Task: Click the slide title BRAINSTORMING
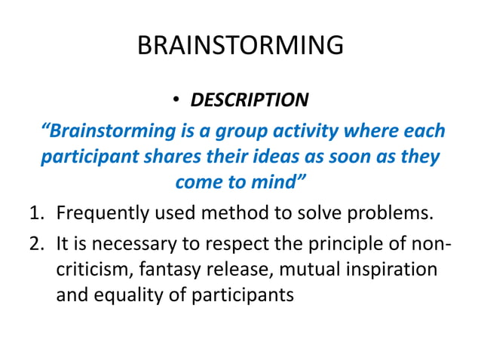point(240,46)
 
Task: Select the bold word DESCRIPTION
point(249,100)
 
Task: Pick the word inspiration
point(391,269)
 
